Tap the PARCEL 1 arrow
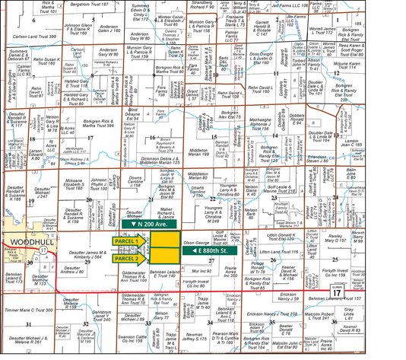(128, 241)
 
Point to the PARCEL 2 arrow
(128, 259)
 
